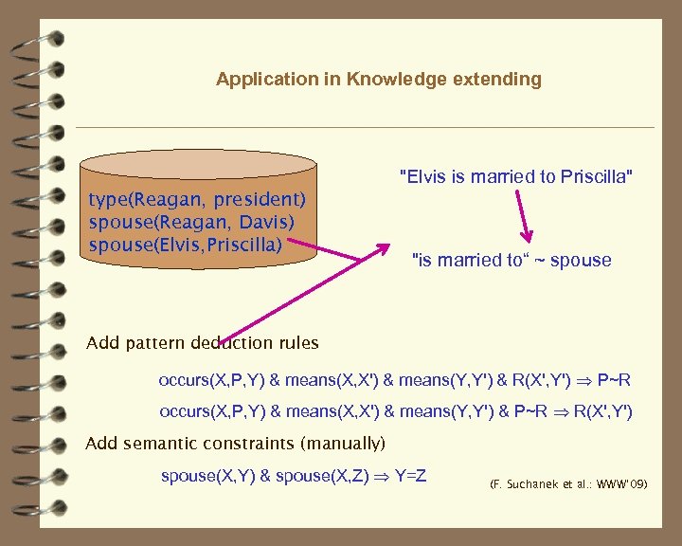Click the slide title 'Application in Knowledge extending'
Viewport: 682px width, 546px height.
379,80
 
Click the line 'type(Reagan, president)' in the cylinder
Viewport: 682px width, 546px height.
197,200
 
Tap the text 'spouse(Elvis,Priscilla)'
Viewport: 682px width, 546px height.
186,245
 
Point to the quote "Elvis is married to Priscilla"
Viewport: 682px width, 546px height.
516,176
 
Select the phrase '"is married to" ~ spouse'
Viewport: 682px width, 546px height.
512,260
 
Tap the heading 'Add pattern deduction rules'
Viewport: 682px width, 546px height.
203,343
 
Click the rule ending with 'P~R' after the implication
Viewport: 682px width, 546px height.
394,381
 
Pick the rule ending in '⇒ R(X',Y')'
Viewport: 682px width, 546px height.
396,412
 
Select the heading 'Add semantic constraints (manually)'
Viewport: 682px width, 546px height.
236,444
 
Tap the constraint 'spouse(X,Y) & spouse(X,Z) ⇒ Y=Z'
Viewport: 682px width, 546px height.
294,476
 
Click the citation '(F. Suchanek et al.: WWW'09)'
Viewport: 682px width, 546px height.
568,484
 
